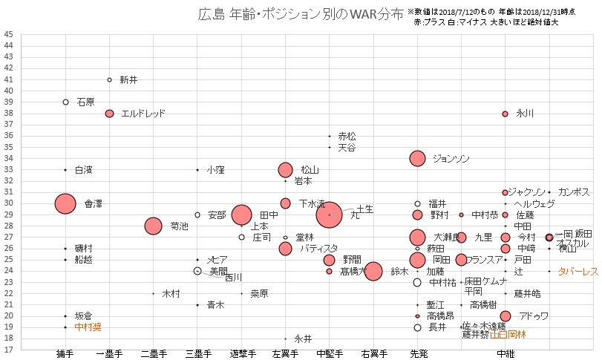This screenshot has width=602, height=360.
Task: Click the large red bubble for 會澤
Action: (65, 203)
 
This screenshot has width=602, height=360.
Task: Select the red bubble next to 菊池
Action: (154, 226)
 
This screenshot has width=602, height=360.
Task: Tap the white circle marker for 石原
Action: (66, 102)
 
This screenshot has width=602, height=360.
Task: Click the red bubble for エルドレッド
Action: (110, 114)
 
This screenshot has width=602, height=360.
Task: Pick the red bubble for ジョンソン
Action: (417, 158)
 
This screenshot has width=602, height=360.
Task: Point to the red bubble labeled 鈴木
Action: (373, 271)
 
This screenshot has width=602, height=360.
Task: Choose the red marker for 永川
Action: (506, 114)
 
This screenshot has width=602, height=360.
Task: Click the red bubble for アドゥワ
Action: (506, 316)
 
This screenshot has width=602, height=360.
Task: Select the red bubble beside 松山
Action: (285, 170)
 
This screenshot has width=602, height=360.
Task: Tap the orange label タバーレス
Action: (578, 272)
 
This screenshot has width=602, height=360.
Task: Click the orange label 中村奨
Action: (88, 327)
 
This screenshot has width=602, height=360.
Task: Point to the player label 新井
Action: (128, 79)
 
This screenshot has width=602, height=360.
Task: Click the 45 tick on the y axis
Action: (8, 34)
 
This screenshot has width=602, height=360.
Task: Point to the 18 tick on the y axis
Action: (8, 338)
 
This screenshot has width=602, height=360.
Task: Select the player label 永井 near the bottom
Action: (303, 338)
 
